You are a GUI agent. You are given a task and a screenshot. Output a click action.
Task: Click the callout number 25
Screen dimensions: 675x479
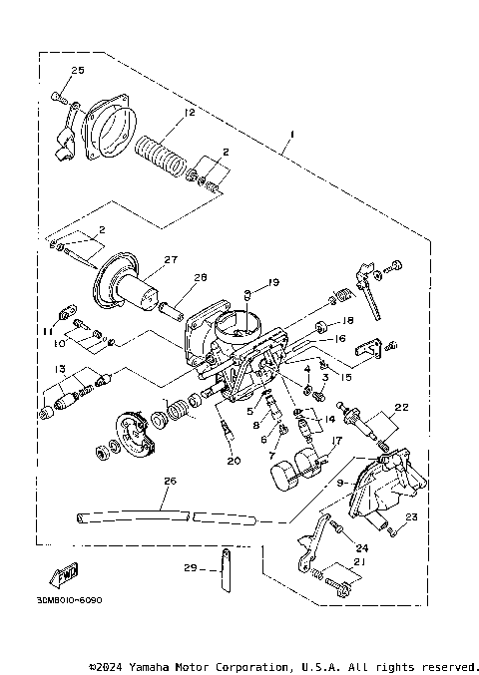(x=78, y=70)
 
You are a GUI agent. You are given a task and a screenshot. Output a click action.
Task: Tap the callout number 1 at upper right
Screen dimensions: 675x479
(x=290, y=133)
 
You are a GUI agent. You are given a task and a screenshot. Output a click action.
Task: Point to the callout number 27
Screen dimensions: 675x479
(x=170, y=259)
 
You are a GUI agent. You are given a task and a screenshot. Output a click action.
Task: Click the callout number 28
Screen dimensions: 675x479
(x=200, y=277)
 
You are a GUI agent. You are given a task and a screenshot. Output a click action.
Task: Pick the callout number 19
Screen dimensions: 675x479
(x=273, y=282)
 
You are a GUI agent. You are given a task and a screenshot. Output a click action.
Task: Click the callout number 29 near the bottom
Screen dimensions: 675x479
(x=191, y=567)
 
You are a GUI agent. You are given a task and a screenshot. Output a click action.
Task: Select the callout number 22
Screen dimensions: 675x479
(x=402, y=406)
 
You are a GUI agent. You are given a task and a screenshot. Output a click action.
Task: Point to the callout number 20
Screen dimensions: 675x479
(x=234, y=461)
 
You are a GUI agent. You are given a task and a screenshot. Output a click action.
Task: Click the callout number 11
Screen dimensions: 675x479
(x=46, y=329)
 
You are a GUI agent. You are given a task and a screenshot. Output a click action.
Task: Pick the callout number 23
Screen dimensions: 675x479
(x=411, y=515)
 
